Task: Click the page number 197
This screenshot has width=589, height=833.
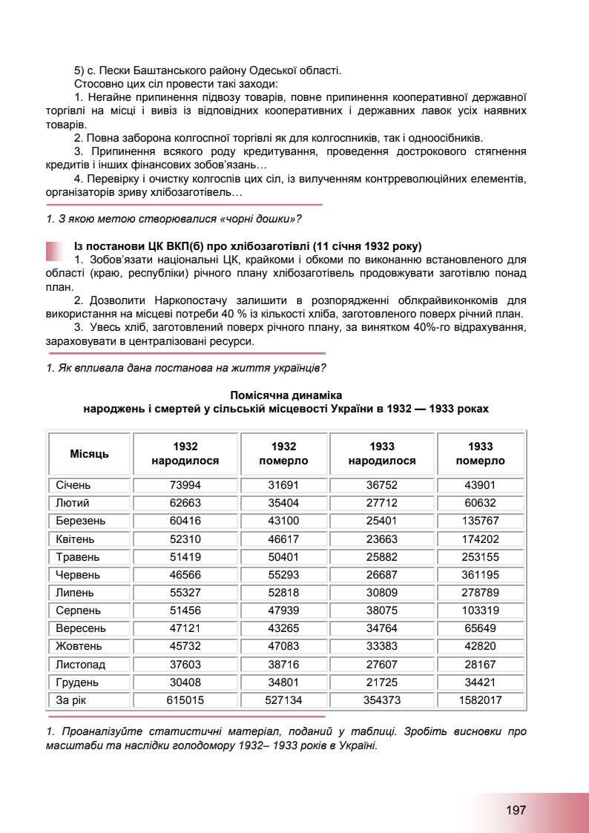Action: pyautogui.click(x=516, y=810)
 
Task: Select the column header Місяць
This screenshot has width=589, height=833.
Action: pyautogui.click(x=89, y=453)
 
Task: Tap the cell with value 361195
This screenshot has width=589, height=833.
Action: pyautogui.click(x=480, y=575)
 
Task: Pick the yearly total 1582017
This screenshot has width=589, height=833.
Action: pyautogui.click(x=480, y=699)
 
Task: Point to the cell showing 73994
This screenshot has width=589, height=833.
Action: pyautogui.click(x=185, y=486)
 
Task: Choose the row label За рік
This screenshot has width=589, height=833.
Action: pyautogui.click(x=72, y=699)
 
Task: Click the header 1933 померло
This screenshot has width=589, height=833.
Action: pyautogui.click(x=480, y=453)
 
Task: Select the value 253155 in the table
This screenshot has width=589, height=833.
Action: pyautogui.click(x=480, y=557)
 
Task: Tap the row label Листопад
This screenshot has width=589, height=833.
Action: pyautogui.click(x=81, y=664)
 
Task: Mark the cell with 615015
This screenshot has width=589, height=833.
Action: pyautogui.click(x=185, y=699)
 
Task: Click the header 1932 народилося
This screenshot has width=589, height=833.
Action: pyautogui.click(x=185, y=453)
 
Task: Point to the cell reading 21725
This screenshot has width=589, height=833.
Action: pyautogui.click(x=382, y=682)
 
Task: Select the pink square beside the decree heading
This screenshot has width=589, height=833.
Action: pyautogui.click(x=55, y=251)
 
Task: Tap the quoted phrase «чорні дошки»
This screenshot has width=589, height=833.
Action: pyautogui.click(x=264, y=218)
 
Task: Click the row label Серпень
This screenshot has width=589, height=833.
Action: pyautogui.click(x=79, y=610)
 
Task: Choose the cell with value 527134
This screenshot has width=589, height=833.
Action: pyautogui.click(x=283, y=699)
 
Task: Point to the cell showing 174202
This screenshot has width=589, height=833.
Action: pyautogui.click(x=480, y=539)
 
